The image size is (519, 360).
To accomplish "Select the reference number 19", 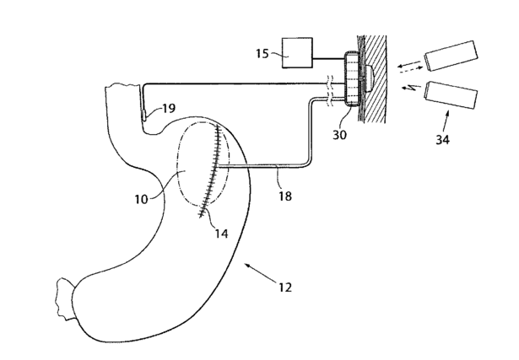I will tap(168, 109).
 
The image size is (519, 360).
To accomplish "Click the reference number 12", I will tap(285, 287).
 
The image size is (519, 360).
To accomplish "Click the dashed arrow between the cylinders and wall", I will tap(411, 64).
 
